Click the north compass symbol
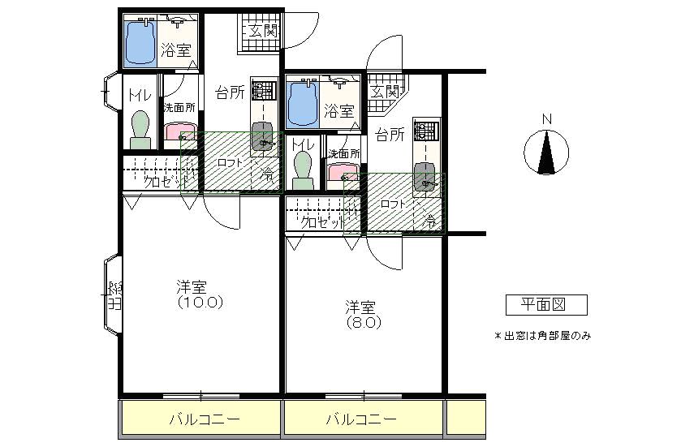[x=546, y=153]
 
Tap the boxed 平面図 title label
[x=546, y=305]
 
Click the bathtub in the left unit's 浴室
[x=139, y=41]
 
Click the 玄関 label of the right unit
[x=386, y=91]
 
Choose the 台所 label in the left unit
[x=230, y=92]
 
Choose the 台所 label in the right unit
[x=391, y=135]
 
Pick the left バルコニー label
[x=200, y=420]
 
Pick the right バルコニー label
[x=362, y=420]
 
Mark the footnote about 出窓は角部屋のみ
[x=542, y=336]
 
